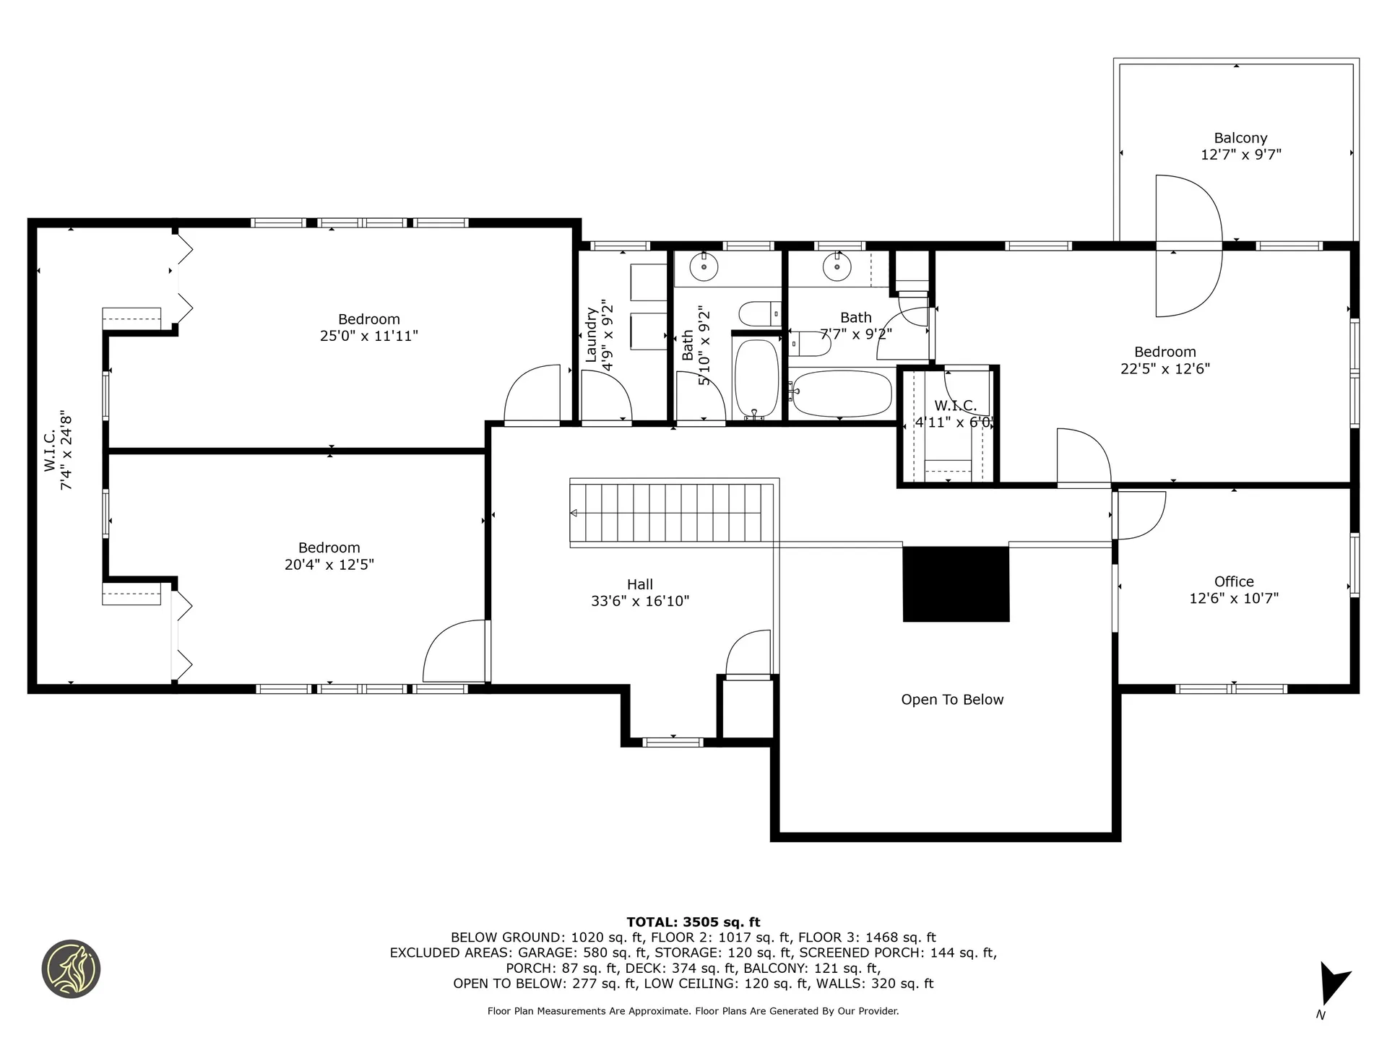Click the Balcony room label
click(1240, 138)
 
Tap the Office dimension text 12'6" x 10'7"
click(1234, 599)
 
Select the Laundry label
click(591, 334)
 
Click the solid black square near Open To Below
click(956, 584)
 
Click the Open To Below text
click(952, 699)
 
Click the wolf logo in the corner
click(71, 969)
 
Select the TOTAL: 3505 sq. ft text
click(693, 922)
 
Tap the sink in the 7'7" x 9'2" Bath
click(837, 268)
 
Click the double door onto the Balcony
click(1188, 246)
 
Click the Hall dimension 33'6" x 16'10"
click(640, 601)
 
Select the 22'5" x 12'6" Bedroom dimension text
click(1165, 369)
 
